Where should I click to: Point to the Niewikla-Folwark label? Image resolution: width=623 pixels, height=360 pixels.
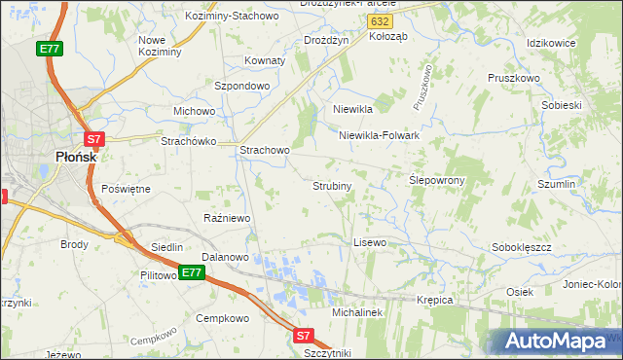[379, 136]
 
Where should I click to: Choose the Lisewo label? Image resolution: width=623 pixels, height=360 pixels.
[370, 241]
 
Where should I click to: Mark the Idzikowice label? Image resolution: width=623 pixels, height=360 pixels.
[551, 44]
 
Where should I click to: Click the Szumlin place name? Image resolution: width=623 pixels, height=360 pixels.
[558, 184]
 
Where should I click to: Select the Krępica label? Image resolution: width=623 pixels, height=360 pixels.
[435, 300]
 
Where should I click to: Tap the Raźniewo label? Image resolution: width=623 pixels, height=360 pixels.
[228, 218]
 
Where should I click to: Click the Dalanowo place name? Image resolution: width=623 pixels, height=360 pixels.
[225, 257]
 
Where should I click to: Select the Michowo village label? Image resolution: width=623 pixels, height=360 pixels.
[194, 111]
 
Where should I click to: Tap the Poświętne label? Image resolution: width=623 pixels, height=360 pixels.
[126, 188]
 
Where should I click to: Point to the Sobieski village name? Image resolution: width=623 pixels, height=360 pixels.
[560, 104]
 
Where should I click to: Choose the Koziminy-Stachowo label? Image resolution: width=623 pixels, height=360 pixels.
[237, 17]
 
